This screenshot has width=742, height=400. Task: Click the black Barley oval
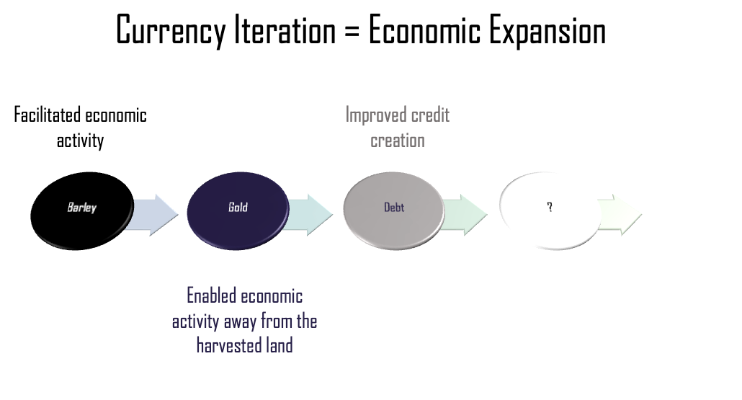82,208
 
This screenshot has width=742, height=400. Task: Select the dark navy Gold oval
238,208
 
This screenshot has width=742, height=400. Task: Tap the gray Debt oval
394,208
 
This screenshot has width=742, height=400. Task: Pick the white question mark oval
550,208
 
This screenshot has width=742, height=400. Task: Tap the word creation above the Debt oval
398,140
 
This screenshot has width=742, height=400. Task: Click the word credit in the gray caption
431,115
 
